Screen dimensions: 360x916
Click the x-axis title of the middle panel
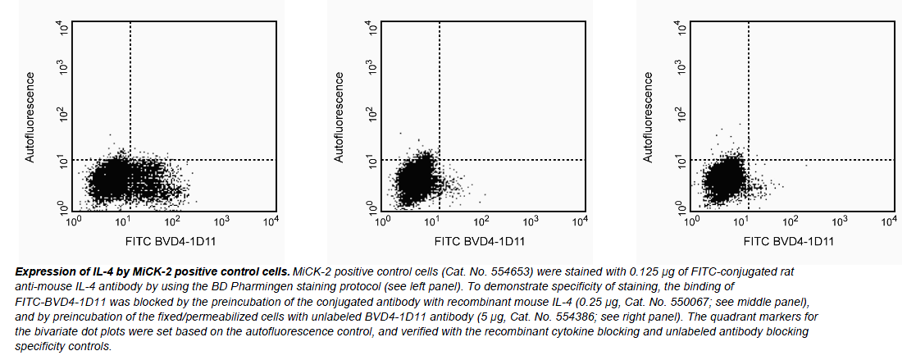click(481, 242)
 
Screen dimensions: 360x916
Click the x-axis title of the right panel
click(790, 242)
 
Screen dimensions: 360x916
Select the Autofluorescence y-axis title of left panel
click(30, 117)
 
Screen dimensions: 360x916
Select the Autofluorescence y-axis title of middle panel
click(339, 117)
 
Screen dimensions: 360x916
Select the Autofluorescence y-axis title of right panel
click(648, 117)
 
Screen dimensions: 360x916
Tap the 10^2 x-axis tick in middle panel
click(480, 221)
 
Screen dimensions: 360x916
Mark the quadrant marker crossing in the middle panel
click(440, 159)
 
